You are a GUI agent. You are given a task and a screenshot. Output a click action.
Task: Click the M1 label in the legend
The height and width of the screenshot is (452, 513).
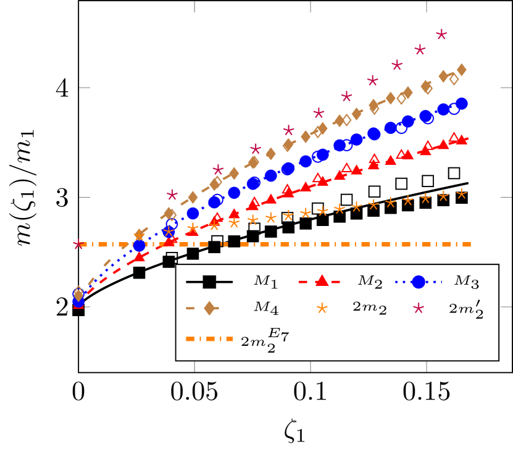point(265,282)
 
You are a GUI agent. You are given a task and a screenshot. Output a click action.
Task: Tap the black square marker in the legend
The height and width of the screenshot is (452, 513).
point(209,282)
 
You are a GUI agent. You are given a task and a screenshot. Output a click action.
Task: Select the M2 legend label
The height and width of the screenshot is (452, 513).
point(370,282)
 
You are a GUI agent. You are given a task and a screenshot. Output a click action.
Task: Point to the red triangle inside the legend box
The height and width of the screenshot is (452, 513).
point(321,281)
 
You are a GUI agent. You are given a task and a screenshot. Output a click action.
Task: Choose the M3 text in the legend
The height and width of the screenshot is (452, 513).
point(467,282)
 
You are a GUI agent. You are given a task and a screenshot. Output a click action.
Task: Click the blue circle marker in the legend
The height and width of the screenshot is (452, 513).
point(419,282)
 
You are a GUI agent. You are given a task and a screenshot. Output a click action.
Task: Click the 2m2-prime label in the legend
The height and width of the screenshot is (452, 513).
point(466,309)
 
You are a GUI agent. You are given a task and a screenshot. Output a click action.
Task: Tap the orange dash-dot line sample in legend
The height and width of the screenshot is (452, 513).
point(209,338)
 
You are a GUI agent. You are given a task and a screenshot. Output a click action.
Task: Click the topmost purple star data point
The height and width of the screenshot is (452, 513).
point(441,34)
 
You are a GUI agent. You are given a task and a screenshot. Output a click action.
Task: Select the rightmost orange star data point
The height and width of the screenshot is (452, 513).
point(461,194)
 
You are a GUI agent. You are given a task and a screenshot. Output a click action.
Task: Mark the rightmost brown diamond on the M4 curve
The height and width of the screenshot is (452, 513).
point(461,69)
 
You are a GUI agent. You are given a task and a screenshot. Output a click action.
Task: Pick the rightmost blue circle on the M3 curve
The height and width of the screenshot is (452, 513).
point(461,103)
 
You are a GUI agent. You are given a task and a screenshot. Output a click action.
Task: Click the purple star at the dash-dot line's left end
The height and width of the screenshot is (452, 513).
point(78,245)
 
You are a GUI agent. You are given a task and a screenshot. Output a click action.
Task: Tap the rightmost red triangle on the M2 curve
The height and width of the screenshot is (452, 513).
point(461,140)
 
